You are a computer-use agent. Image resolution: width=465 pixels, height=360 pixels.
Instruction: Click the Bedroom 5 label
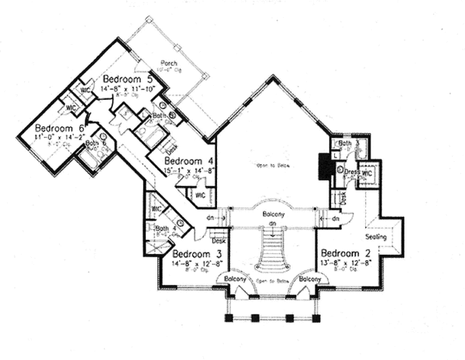tap(126, 80)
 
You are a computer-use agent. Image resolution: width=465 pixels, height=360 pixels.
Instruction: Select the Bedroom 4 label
tap(184, 162)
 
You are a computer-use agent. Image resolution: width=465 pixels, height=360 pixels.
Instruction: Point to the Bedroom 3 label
tap(197, 254)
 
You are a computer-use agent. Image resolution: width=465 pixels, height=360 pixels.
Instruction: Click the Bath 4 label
tap(162, 228)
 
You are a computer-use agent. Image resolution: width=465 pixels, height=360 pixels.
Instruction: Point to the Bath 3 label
tap(345, 143)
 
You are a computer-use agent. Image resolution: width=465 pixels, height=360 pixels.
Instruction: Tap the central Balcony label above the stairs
tap(271, 213)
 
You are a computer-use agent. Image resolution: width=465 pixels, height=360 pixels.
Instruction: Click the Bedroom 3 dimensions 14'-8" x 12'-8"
tap(197, 264)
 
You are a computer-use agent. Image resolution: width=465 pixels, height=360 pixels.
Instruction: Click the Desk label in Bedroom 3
tap(219, 241)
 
